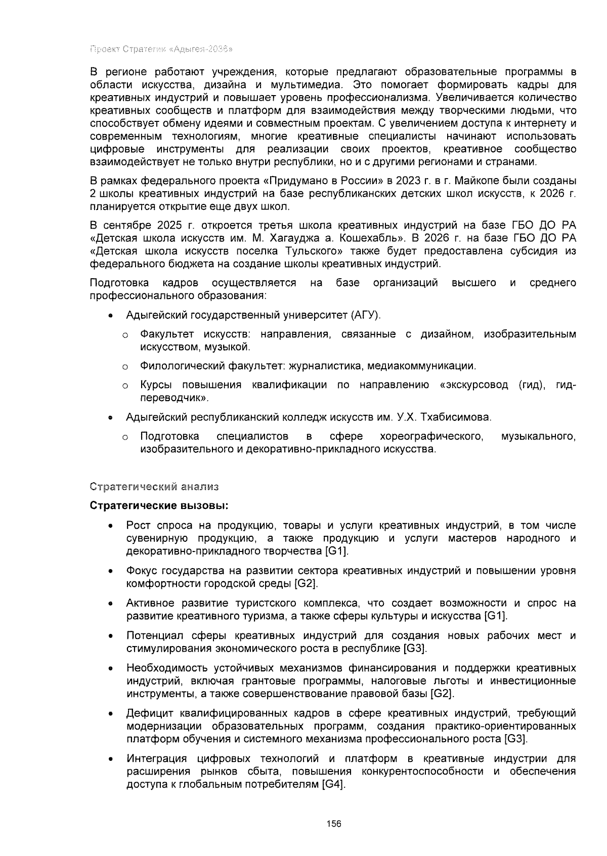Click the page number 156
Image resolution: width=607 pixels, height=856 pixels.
click(333, 823)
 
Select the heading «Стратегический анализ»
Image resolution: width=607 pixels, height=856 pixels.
click(154, 487)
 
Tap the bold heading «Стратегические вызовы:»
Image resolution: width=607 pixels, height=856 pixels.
click(159, 505)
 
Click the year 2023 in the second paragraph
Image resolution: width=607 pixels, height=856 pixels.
click(408, 181)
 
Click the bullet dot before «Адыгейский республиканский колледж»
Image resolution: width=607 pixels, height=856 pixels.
click(110, 418)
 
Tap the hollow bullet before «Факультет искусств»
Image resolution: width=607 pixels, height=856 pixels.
click(124, 335)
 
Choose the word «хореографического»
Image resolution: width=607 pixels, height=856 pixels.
click(429, 436)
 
